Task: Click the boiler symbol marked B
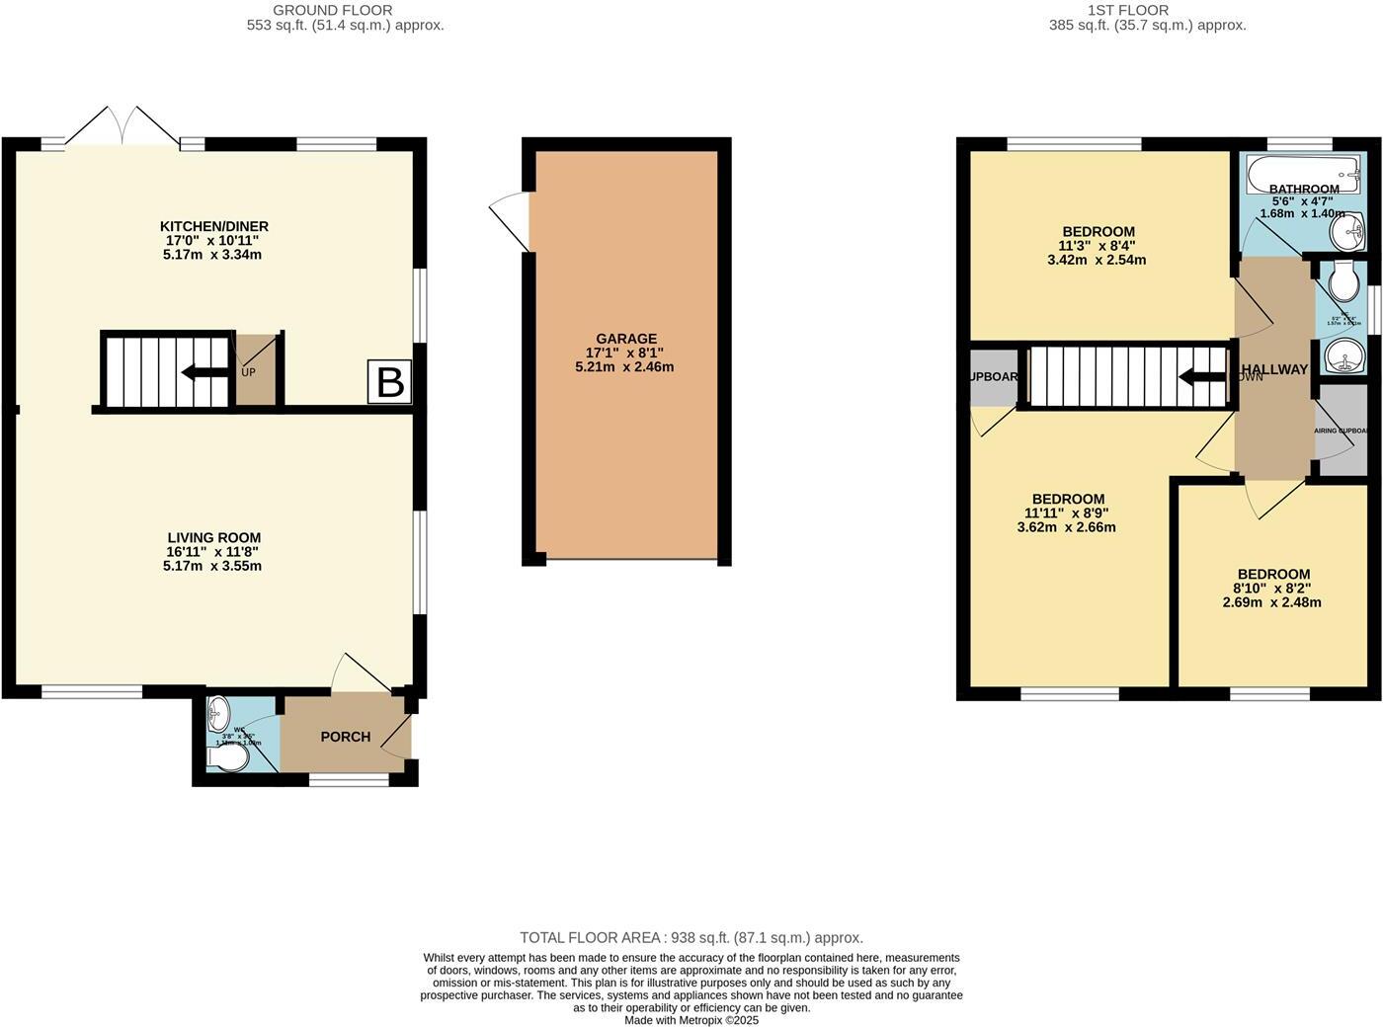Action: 390,382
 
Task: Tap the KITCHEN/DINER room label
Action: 216,227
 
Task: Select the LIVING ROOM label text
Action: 213,538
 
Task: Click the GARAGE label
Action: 626,339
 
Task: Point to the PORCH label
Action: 346,737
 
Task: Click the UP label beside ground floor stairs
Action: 248,372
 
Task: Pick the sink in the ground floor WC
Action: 219,713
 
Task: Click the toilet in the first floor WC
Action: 1343,284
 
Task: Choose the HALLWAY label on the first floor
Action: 1274,369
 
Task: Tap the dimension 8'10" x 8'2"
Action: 1273,589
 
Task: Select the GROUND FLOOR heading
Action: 346,10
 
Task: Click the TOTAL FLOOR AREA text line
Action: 691,938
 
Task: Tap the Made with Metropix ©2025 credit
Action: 691,1020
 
